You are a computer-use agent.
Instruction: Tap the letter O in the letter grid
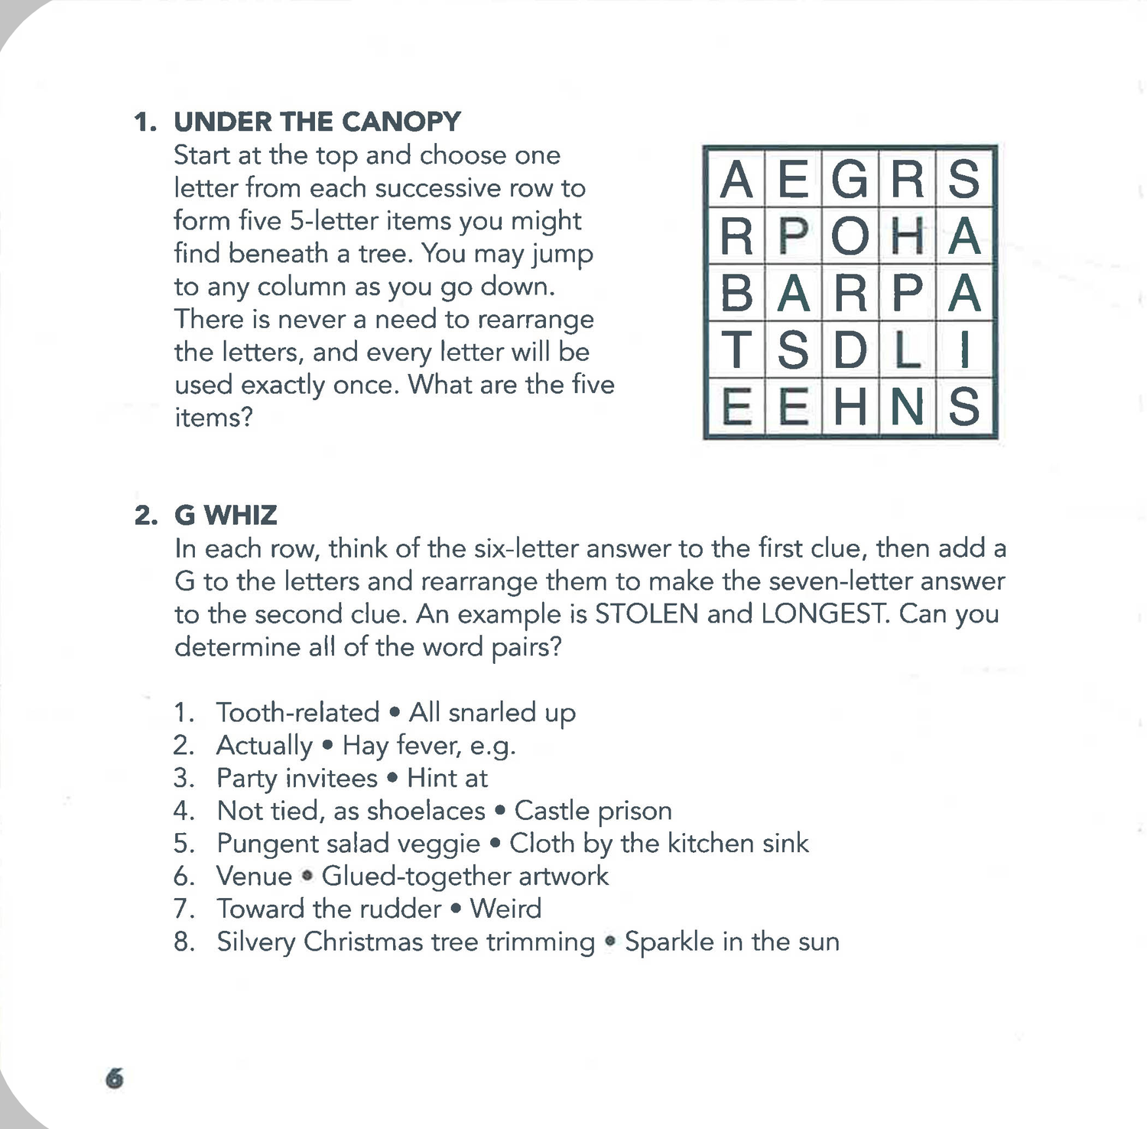pyautogui.click(x=850, y=236)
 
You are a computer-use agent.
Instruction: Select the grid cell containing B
pyautogui.click(x=736, y=293)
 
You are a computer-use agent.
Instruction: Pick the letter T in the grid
pyautogui.click(x=736, y=350)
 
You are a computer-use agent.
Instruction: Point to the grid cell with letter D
pyautogui.click(x=850, y=350)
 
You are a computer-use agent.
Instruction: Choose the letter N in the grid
pyautogui.click(x=907, y=407)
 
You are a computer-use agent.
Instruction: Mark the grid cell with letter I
pyautogui.click(x=964, y=350)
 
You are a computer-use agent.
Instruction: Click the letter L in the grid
pyautogui.click(x=907, y=350)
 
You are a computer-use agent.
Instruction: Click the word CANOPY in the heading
pyautogui.click(x=401, y=122)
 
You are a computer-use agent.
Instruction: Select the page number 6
pyautogui.click(x=114, y=1079)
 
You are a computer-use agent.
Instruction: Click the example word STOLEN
pyautogui.click(x=646, y=614)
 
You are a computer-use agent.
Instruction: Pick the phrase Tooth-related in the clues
pyautogui.click(x=297, y=712)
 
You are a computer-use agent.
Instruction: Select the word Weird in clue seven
pyautogui.click(x=505, y=909)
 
